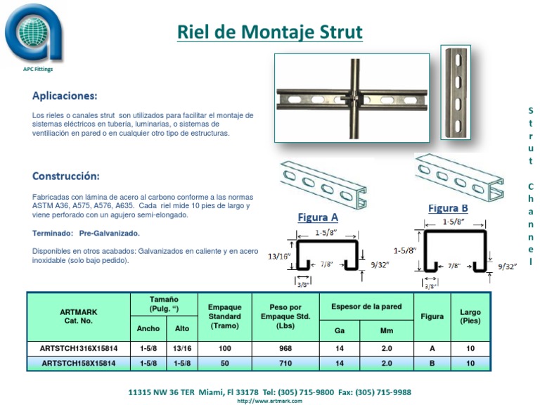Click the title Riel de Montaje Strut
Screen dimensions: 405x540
[x=269, y=32]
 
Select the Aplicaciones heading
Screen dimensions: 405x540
[x=65, y=96]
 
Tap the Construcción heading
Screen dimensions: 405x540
[x=66, y=176]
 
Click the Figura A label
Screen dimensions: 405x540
[x=318, y=217]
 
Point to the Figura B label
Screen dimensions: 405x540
[x=448, y=208]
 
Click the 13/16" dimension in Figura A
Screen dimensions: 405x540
[x=280, y=257]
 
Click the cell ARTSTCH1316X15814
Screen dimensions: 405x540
[x=79, y=348]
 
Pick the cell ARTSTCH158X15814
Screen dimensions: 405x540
[x=79, y=364]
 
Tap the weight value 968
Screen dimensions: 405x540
[x=285, y=348]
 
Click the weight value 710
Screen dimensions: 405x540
[x=285, y=364]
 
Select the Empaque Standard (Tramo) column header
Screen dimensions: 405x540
[x=225, y=317]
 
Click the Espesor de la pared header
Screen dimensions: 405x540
[x=367, y=307]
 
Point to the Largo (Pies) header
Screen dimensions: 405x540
[x=470, y=316]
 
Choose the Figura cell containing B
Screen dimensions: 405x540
[x=432, y=364]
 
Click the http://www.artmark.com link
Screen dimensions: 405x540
[x=269, y=401]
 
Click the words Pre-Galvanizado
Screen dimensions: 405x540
[x=109, y=233]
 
